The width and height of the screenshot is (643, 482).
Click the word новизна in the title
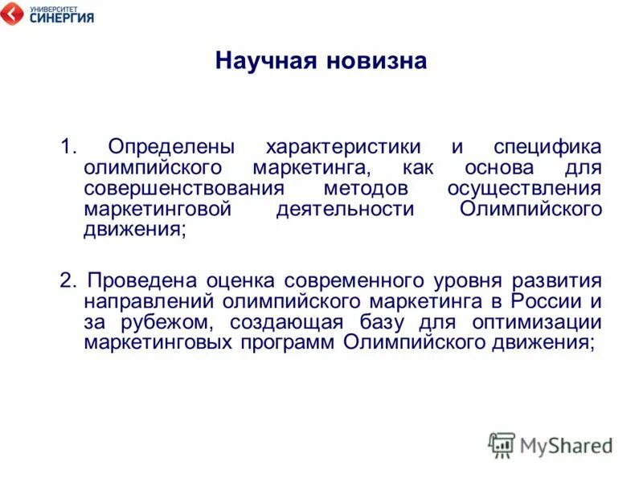coord(375,62)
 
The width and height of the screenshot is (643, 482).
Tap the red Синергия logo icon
coord(12,13)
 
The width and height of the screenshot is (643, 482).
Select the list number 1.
coord(68,147)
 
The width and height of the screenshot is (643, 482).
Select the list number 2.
coord(68,281)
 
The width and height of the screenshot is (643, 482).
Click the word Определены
coord(171,148)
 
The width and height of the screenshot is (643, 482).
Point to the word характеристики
coord(343,148)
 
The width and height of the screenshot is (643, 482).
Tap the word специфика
coord(547,148)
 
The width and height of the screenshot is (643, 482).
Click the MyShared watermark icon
coord(502,444)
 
